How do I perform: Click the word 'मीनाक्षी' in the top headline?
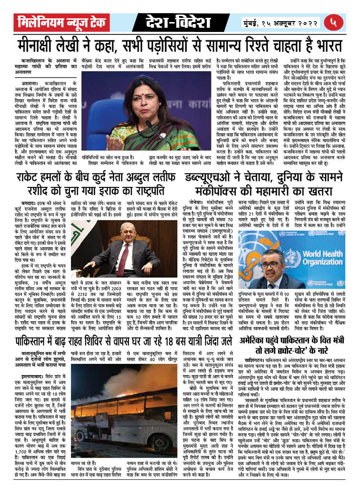[x=43, y=45]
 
